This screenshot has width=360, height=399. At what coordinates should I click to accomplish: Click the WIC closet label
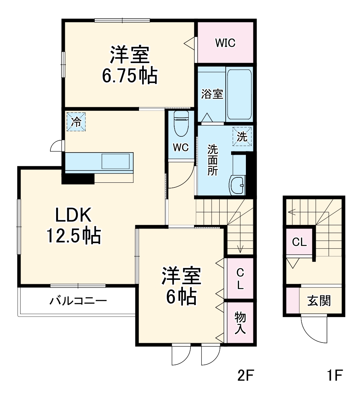(x=225, y=43)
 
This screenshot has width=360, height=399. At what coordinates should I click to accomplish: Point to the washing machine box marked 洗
(x=242, y=137)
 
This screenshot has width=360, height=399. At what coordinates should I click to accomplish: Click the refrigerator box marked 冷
(x=76, y=122)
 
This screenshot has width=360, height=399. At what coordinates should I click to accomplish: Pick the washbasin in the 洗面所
(x=237, y=185)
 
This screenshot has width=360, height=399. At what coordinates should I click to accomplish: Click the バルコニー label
(x=78, y=300)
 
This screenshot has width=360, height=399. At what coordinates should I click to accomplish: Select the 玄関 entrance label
(x=319, y=300)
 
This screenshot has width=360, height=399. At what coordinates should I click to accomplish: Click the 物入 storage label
(x=240, y=322)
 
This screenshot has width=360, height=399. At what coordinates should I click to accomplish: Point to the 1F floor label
(x=334, y=376)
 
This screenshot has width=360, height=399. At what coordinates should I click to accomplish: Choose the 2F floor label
(x=246, y=376)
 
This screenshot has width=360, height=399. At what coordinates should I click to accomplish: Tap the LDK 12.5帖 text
(x=73, y=226)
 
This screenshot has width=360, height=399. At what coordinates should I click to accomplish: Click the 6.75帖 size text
(x=130, y=76)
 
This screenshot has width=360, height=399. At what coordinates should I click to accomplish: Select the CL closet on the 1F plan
(x=299, y=242)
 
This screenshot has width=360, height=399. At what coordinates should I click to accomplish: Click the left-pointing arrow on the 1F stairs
(x=292, y=212)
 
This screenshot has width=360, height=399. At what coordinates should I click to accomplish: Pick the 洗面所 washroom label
(x=212, y=160)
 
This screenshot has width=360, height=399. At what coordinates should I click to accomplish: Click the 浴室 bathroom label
(x=212, y=94)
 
